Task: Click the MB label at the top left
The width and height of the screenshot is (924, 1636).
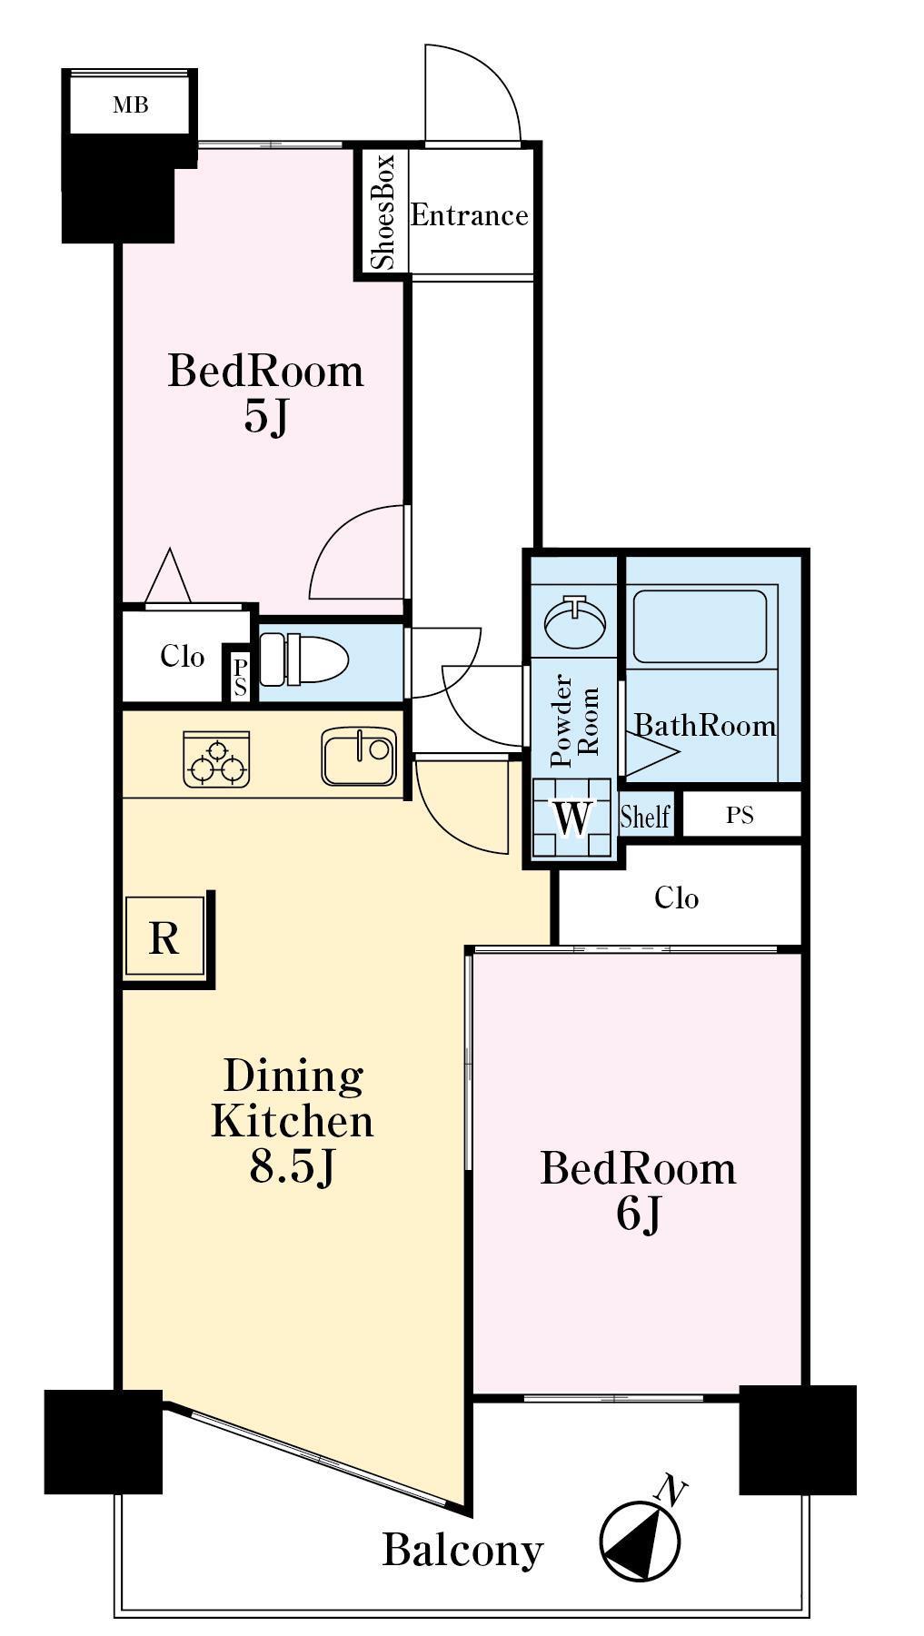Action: pos(130,105)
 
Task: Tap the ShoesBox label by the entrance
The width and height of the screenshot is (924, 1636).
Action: pos(383,213)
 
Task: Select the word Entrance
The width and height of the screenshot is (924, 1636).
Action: pos(470,215)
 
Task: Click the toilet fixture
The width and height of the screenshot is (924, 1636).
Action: pos(303,659)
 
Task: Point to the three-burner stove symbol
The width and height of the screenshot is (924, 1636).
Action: pos(217,759)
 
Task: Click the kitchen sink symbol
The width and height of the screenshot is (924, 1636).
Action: pos(359,757)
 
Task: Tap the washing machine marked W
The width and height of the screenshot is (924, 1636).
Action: pos(573,818)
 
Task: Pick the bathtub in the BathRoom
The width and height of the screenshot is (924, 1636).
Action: pos(700,627)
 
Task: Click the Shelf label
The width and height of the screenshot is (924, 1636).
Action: pos(645,816)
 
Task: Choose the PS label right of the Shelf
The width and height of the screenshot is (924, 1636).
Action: pos(740,816)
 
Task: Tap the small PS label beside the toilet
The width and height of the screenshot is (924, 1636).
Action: pos(240,679)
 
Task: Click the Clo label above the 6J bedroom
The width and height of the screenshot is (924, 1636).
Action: pos(677,898)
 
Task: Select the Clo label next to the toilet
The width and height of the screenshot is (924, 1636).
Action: pos(182,656)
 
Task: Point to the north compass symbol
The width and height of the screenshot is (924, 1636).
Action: pos(641,1541)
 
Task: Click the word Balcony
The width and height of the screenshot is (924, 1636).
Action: pos(462,1550)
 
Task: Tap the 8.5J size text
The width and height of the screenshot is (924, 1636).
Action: pos(293,1167)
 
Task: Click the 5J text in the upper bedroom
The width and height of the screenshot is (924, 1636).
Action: pos(265,417)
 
